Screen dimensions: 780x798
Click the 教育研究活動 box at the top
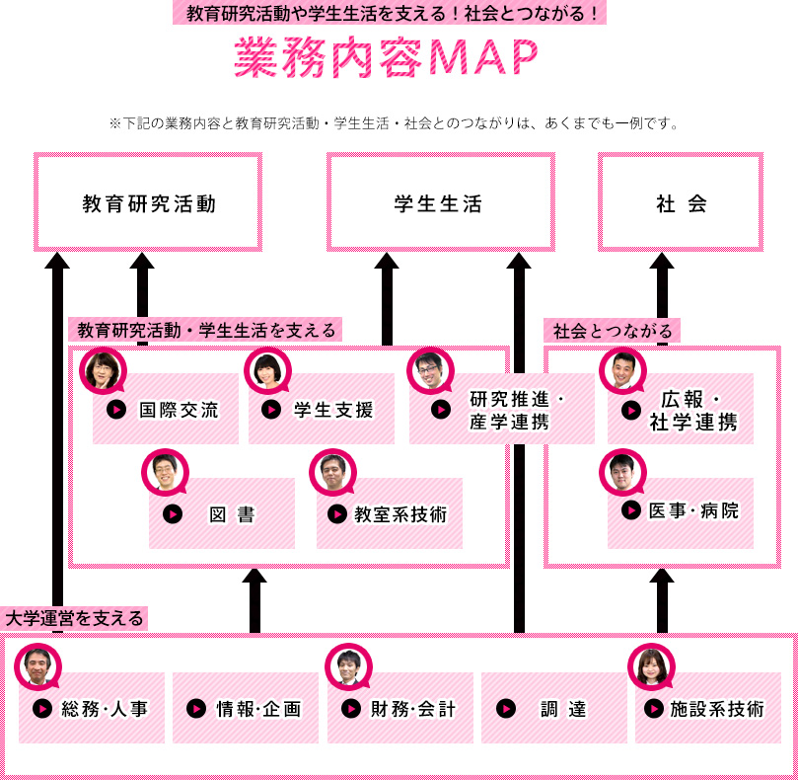tap(149, 202)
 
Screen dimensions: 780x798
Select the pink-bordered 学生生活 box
tap(440, 202)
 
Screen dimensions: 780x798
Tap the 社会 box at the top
tap(681, 202)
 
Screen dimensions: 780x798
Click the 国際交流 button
tap(166, 410)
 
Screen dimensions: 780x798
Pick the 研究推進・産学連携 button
tap(502, 410)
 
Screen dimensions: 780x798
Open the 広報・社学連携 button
tap(681, 410)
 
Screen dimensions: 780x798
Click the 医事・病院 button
tap(681, 511)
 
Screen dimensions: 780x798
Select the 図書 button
tap(222, 513)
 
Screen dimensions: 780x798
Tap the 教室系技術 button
tap(389, 513)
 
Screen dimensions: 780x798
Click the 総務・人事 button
tap(92, 708)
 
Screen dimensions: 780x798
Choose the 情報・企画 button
tap(246, 708)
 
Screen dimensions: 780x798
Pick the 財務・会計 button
tap(399, 708)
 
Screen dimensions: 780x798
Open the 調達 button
tap(553, 708)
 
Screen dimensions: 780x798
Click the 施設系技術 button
tap(707, 708)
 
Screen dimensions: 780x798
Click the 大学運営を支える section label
tap(75, 619)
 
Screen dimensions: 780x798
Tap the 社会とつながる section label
tap(613, 331)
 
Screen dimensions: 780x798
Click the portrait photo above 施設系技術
tap(652, 666)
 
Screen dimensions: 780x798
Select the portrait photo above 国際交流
tap(103, 371)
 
